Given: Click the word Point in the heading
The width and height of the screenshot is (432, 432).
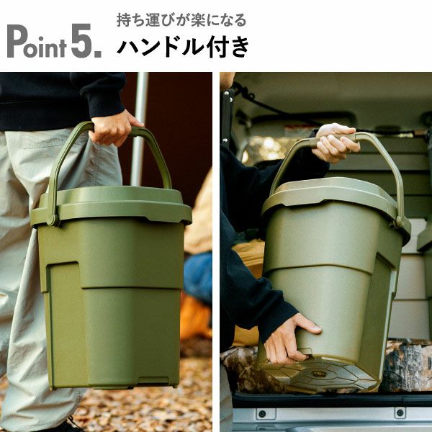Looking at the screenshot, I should click(37, 42).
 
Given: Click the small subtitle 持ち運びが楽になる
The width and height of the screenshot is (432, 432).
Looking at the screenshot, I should click(181, 19).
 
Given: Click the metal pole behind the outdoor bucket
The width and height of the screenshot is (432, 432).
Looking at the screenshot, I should click(138, 130).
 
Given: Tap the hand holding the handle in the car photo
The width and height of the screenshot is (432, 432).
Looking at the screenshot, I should click(336, 143).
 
